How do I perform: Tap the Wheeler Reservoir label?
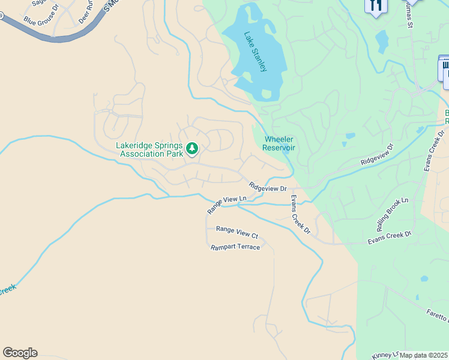click(279, 143)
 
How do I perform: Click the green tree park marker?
click(192, 148)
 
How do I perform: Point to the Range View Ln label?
click(227, 205)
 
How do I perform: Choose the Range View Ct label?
click(237, 229)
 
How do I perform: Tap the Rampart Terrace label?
click(235, 247)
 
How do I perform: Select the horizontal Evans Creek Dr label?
click(390, 238)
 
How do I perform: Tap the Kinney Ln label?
click(385, 355)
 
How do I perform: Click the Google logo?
click(20, 353)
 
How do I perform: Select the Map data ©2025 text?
click(424, 355)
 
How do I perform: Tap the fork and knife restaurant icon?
click(376, 5)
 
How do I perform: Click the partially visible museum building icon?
click(445, 68)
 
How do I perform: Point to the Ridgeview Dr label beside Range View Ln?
click(268, 188)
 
